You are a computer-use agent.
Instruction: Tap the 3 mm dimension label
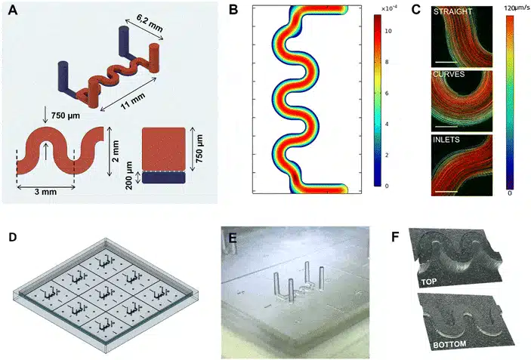(47, 192)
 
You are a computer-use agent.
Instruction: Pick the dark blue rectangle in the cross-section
(163, 178)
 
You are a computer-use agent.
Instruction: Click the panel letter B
(234, 11)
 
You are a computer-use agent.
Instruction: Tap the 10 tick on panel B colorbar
(387, 31)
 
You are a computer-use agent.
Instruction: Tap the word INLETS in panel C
(446, 139)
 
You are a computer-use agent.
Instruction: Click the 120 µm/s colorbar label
(514, 6)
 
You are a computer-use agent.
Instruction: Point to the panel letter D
(14, 236)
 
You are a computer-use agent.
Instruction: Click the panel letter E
(234, 235)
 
